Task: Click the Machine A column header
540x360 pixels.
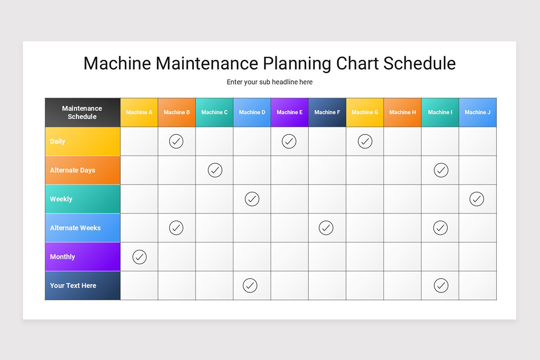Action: point(139,112)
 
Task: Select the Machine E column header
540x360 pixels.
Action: point(289,112)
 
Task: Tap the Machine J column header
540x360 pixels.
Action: point(477,112)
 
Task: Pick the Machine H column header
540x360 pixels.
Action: point(402,112)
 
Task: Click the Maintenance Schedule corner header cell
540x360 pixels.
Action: point(82,112)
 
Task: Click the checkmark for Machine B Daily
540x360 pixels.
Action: point(176,141)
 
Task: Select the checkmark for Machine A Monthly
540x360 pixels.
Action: point(139,257)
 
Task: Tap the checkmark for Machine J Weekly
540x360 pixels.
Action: point(477,199)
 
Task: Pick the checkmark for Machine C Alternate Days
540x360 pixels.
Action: point(215,170)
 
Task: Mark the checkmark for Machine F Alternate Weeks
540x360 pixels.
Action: point(326,228)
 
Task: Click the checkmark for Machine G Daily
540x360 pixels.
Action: point(365,141)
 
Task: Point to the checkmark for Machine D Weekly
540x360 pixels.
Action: point(252,199)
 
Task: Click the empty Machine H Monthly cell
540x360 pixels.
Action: point(402,256)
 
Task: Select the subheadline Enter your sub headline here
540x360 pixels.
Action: point(270,82)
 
